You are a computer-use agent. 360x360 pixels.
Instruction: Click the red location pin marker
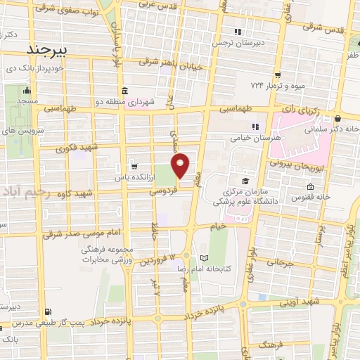[x=181, y=165]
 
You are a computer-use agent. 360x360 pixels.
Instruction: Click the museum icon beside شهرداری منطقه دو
[x=124, y=91]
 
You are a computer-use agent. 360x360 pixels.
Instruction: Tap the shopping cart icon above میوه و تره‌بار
[x=278, y=75]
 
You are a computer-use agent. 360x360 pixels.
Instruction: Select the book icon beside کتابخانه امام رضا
[x=205, y=257]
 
